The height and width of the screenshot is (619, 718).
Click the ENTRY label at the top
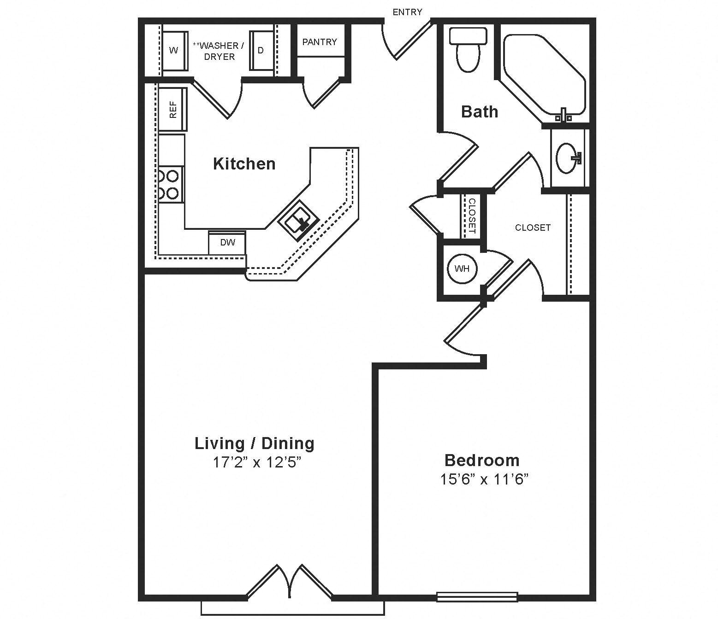(x=407, y=12)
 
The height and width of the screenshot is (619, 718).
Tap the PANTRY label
(x=320, y=42)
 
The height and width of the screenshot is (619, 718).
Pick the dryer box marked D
(x=261, y=50)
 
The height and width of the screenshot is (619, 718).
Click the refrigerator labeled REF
(x=173, y=109)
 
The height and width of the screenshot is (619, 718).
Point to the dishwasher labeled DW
(x=227, y=243)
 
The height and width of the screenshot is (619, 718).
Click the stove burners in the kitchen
(x=171, y=185)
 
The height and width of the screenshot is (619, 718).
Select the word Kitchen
(x=244, y=164)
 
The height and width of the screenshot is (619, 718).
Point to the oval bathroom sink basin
(x=568, y=158)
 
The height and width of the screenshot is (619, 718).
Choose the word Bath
(x=480, y=112)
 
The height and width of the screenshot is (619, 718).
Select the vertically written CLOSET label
(x=472, y=216)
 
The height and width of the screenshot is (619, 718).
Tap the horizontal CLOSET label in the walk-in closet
(x=533, y=228)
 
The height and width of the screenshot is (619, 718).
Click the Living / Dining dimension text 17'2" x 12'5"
(x=256, y=462)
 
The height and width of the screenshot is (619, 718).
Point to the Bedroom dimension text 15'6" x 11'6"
(x=484, y=479)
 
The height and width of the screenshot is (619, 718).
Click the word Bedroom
(x=482, y=461)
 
